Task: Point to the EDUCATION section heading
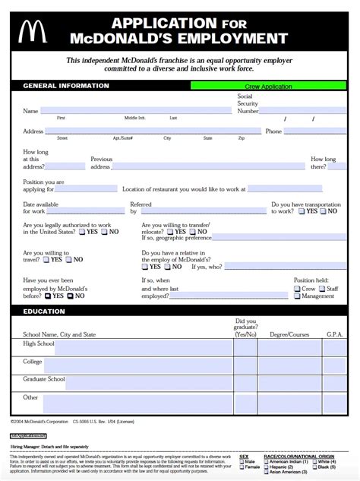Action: coord(43,311)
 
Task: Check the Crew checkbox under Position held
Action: coord(297,289)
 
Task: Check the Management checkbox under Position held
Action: coord(297,296)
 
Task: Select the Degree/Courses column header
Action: coord(289,334)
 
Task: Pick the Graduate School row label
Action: coord(44,378)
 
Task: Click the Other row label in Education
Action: coord(30,397)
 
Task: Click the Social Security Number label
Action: coord(248,103)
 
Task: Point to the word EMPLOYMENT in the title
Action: coord(226,38)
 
